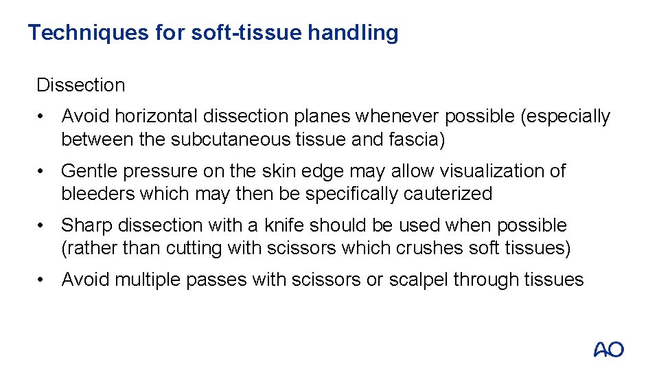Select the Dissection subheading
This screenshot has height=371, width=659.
[x=81, y=85]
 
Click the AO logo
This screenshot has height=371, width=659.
[x=608, y=350]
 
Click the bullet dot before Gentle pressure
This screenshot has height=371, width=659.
[x=43, y=171]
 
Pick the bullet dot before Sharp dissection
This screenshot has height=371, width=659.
[x=43, y=226]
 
